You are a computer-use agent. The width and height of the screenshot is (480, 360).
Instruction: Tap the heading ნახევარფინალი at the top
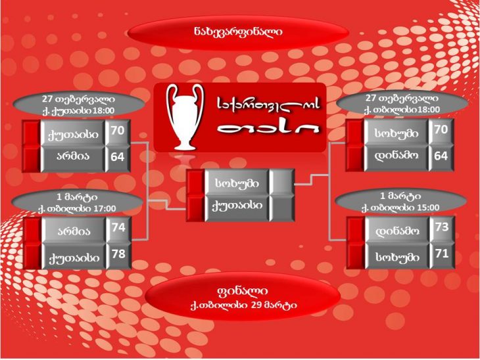(x=238, y=32)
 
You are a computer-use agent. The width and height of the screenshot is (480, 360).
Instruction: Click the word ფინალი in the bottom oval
(x=242, y=291)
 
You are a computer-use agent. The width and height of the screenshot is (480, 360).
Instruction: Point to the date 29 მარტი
(x=274, y=305)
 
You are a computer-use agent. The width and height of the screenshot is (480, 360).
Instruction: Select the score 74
(x=118, y=227)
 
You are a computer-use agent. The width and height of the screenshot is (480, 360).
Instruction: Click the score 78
(x=118, y=254)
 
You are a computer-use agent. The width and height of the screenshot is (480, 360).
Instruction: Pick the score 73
(x=442, y=227)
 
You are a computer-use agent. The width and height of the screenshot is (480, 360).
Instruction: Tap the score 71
(x=442, y=254)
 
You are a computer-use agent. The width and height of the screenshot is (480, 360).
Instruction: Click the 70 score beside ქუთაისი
(x=118, y=131)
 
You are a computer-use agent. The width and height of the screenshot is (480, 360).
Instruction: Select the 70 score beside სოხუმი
(x=441, y=129)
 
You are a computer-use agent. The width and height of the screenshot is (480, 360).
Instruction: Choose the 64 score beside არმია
(x=118, y=157)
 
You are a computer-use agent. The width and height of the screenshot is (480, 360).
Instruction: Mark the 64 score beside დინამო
(x=441, y=156)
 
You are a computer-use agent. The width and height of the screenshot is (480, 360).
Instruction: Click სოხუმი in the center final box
(x=237, y=183)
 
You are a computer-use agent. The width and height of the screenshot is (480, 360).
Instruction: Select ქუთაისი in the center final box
(x=237, y=206)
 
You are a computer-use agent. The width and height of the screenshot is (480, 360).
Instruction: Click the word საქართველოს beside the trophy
(x=268, y=105)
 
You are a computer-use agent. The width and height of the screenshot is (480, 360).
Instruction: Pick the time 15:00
(x=428, y=208)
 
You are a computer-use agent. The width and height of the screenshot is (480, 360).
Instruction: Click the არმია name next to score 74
(x=74, y=231)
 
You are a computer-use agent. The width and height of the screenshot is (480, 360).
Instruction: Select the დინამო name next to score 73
(x=397, y=231)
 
